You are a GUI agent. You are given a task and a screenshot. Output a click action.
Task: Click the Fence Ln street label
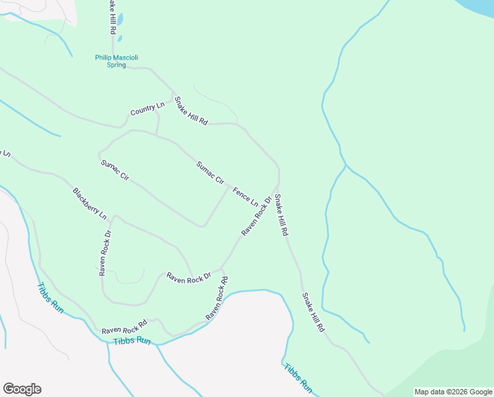click(x=245, y=196)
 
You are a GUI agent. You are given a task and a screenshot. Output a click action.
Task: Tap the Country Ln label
click(x=147, y=109)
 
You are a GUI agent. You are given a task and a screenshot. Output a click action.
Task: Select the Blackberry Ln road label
click(x=89, y=204)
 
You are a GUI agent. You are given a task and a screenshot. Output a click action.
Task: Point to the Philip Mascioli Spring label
click(x=116, y=61)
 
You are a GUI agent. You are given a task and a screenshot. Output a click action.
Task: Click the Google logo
click(x=22, y=389)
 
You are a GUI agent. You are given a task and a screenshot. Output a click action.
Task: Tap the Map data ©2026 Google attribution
click(x=453, y=392)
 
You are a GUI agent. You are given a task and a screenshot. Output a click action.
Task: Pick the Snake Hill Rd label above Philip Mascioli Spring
click(x=113, y=17)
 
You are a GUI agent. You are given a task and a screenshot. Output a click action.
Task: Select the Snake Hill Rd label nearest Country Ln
click(x=191, y=111)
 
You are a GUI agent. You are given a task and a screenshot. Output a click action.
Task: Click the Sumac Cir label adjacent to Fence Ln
click(x=211, y=173)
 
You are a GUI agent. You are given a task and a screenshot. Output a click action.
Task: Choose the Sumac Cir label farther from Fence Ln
click(x=114, y=171)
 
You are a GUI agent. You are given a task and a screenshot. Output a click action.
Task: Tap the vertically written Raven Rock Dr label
click(x=104, y=253)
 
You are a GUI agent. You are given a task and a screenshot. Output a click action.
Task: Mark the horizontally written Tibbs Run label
click(x=132, y=341)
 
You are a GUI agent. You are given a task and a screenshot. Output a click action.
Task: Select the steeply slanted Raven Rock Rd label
click(x=217, y=299)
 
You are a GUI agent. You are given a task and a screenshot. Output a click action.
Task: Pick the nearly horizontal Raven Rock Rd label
click(x=124, y=328)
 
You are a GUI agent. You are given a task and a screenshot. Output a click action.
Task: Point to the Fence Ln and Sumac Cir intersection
click(x=229, y=187)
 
